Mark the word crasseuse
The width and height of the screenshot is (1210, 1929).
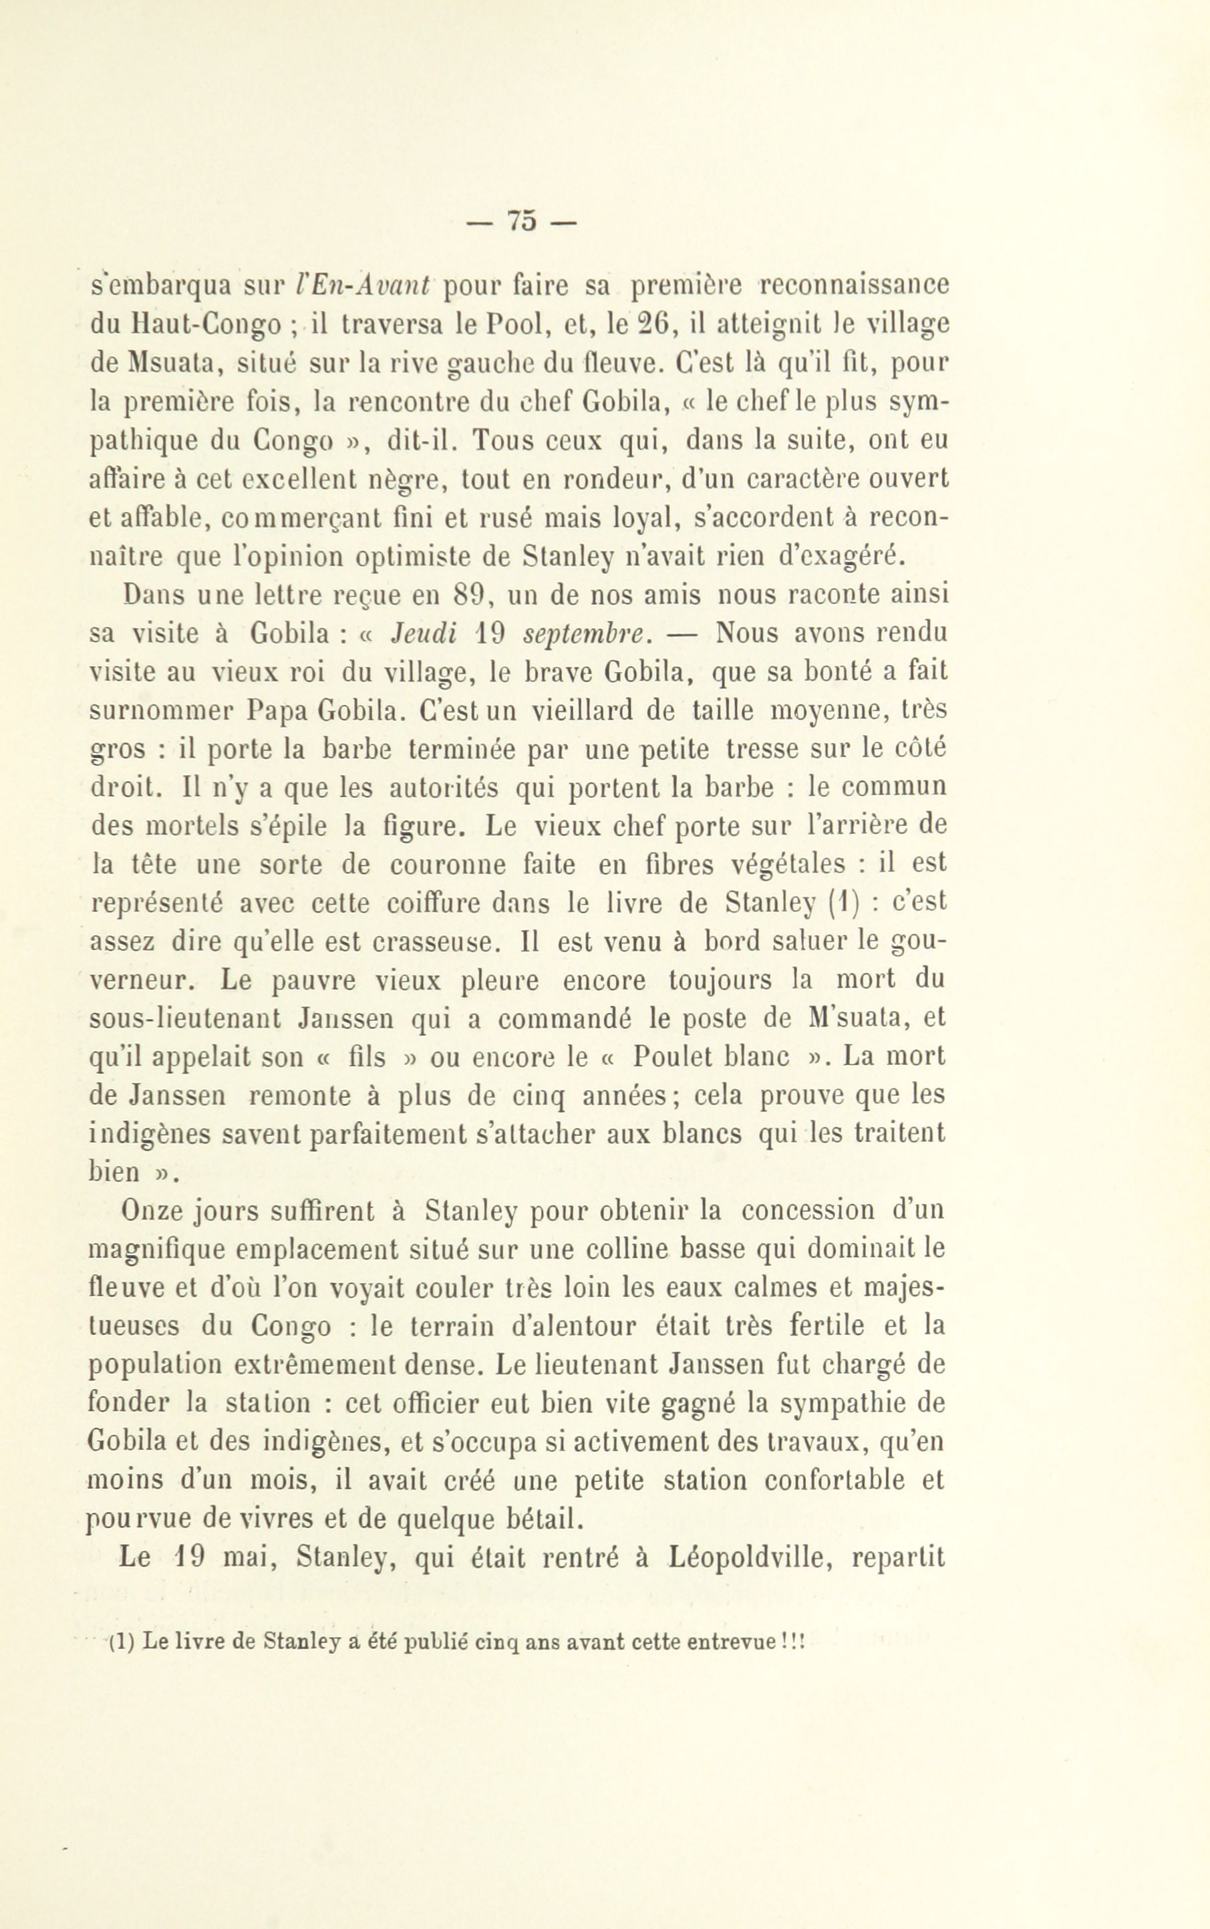coord(424,943)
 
